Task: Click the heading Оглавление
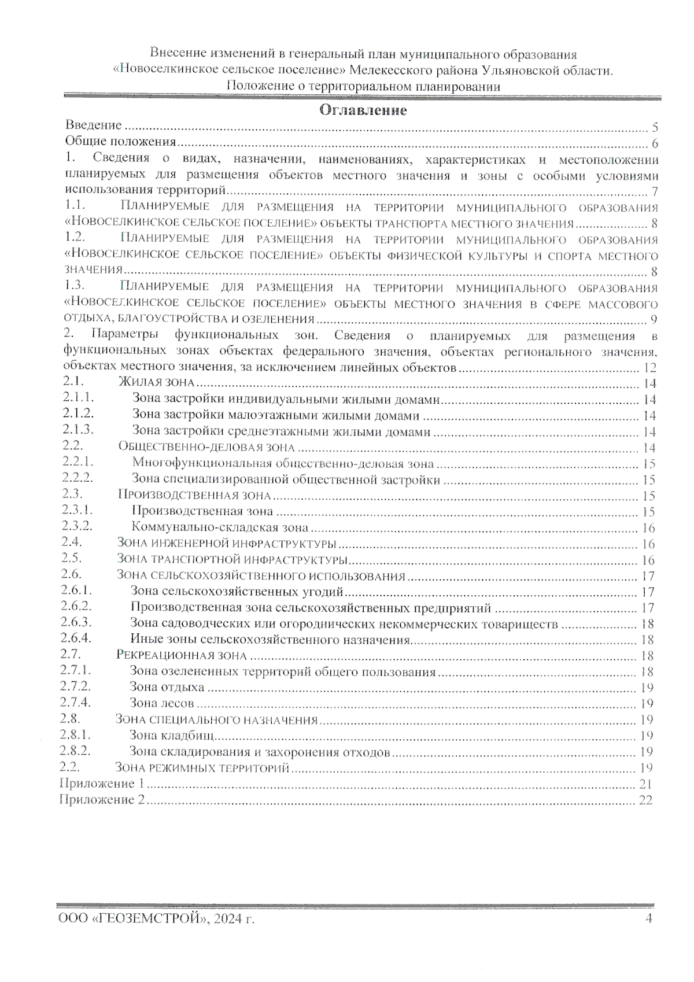click(363, 110)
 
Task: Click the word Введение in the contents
click(93, 125)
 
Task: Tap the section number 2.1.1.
click(79, 398)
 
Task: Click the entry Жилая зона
click(156, 382)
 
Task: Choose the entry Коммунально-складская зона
click(220, 527)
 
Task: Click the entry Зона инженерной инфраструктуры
click(226, 544)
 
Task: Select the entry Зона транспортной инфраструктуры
click(231, 560)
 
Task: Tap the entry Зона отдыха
click(167, 687)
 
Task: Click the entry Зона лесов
click(161, 703)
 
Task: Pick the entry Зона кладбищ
click(172, 736)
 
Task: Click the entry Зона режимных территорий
click(202, 768)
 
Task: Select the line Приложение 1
click(102, 784)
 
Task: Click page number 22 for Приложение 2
click(645, 800)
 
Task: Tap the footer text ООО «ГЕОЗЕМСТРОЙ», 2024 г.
click(156, 919)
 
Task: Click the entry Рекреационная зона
click(181, 655)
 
